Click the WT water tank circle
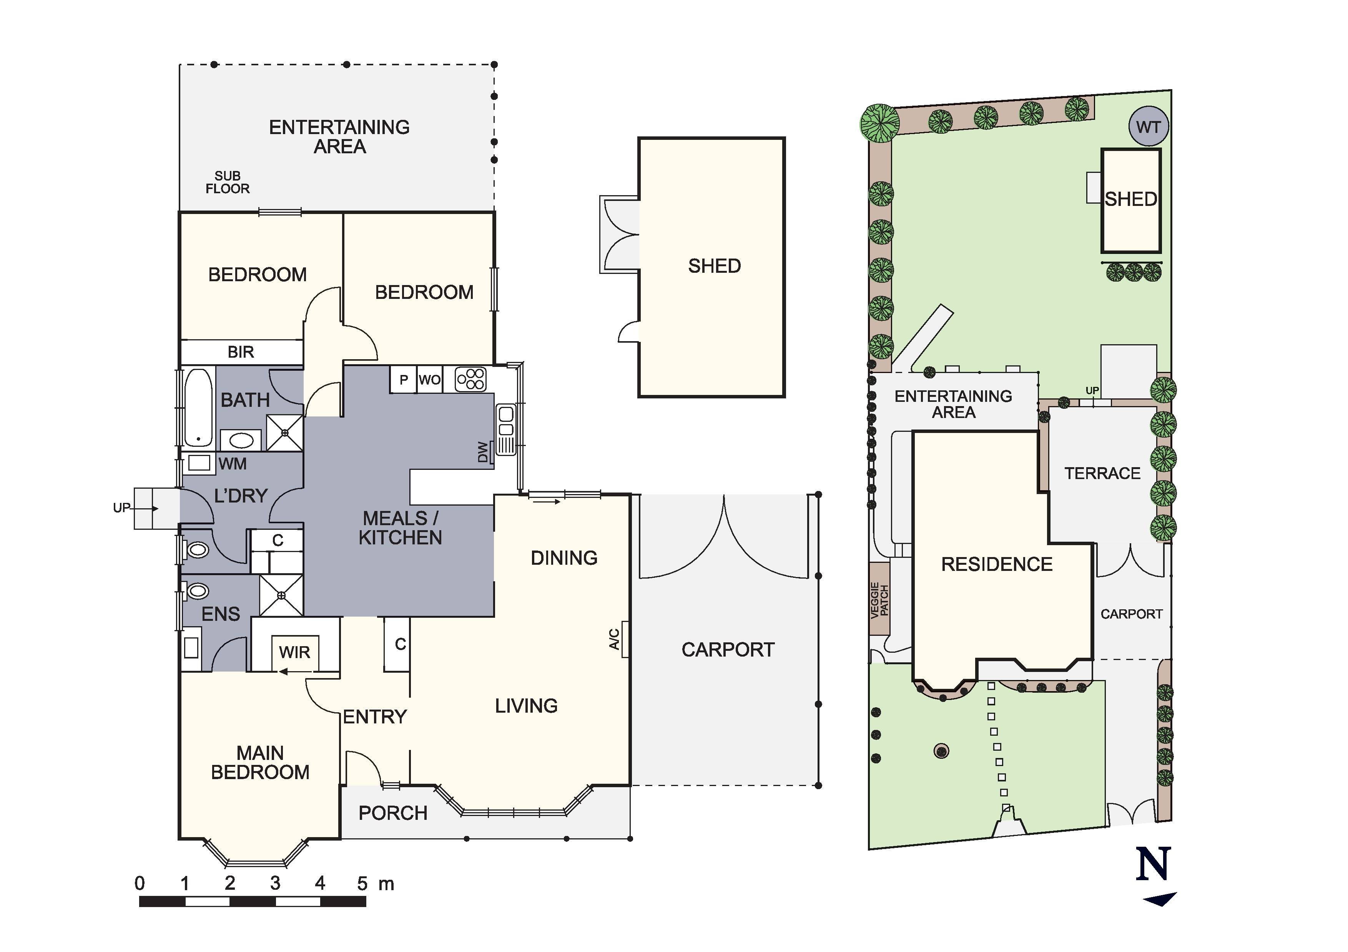point(1149,127)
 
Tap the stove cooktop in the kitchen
point(471,379)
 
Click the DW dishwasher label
point(483,452)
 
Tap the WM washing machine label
point(233,464)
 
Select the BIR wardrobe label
point(241,352)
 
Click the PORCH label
point(393,813)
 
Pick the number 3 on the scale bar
point(275,883)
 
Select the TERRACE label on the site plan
point(1102,473)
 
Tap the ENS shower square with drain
point(281,595)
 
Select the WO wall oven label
point(430,380)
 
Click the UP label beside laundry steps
point(121,508)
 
